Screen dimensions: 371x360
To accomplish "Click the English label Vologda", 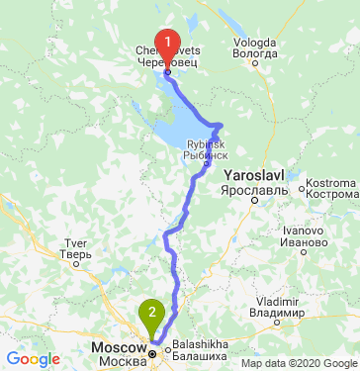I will pyautogui.click(x=254, y=44).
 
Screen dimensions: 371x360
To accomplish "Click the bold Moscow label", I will pyautogui.click(x=118, y=348).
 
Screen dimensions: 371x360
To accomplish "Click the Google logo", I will pyautogui.click(x=33, y=358).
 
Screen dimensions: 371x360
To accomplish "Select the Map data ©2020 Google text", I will pyautogui.click(x=298, y=363).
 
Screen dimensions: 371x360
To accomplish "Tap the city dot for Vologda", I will pyautogui.click(x=255, y=64).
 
